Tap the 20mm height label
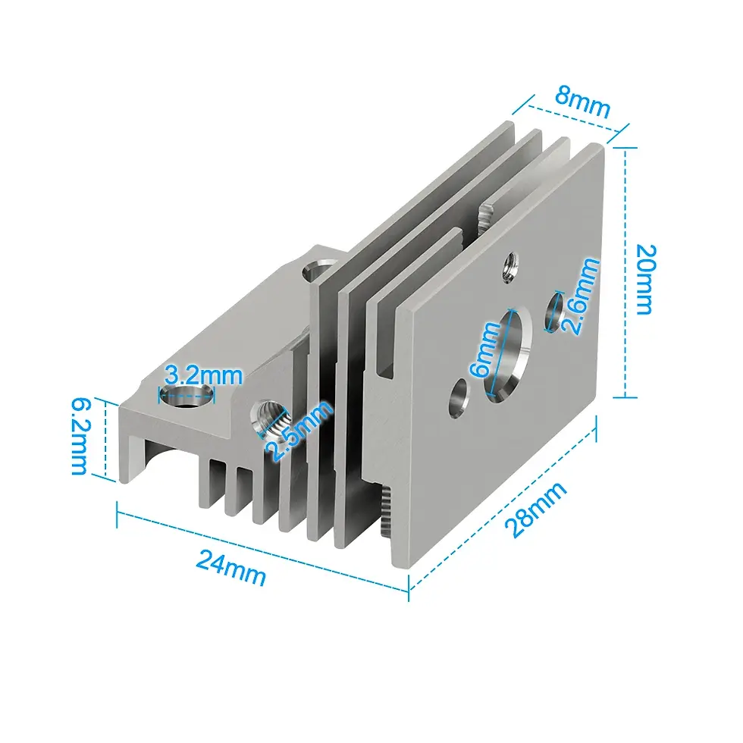pos(645,279)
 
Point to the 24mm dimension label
pos(231,566)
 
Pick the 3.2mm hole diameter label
pos(203,375)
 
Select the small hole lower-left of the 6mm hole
pos(459,399)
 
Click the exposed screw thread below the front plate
pos(384,512)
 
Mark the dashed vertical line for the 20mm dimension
pos(625,273)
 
